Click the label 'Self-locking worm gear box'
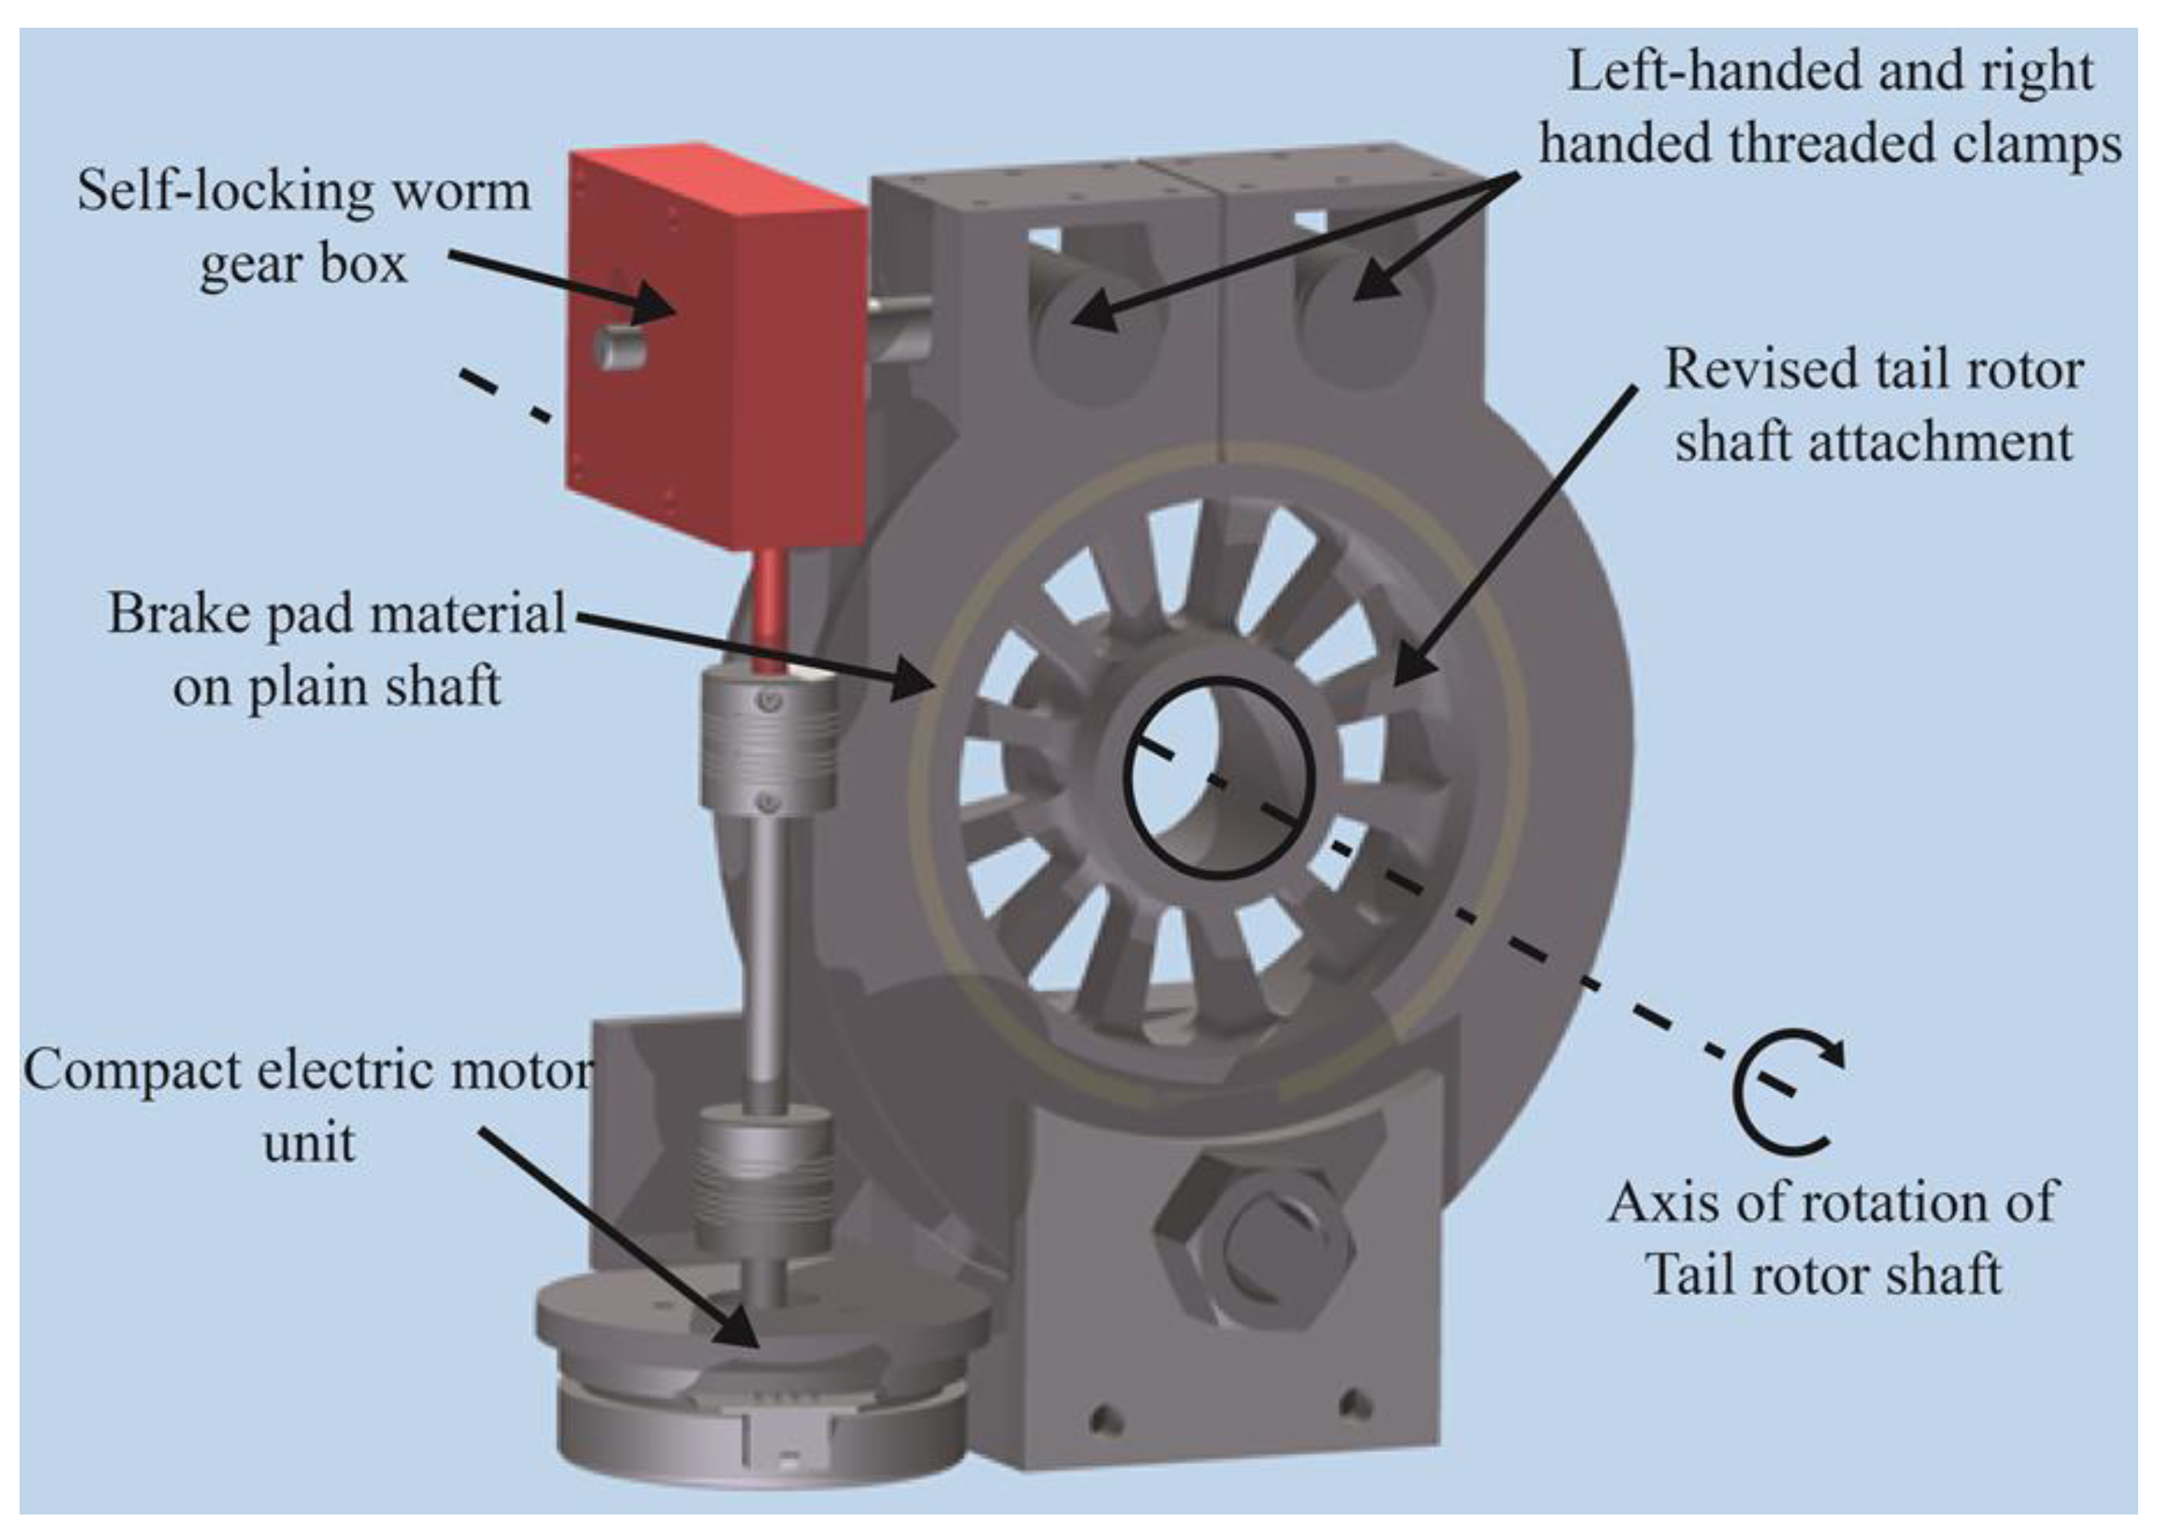(x=303, y=227)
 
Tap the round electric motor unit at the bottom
(x=758, y=1383)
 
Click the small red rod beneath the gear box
(x=770, y=606)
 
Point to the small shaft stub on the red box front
(x=615, y=346)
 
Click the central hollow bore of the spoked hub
(x=1217, y=777)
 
